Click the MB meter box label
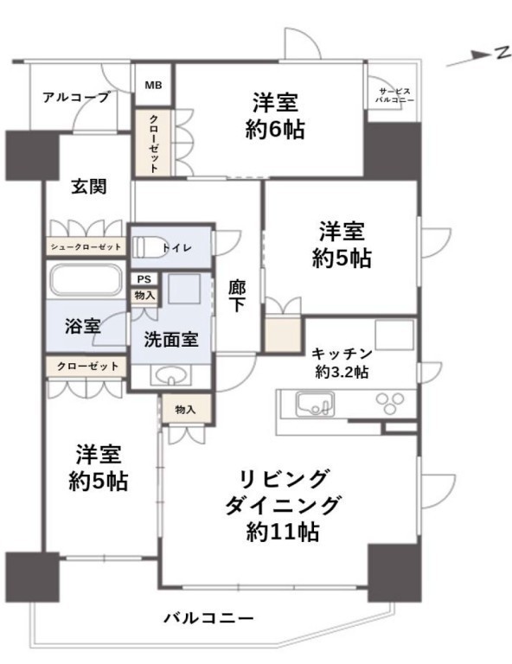tap(153, 85)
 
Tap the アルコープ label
tap(76, 98)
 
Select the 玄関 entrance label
tap(88, 187)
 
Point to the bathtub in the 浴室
tap(86, 280)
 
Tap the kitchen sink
tap(315, 405)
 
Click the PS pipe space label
tap(144, 279)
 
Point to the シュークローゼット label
tap(86, 246)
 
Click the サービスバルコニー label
tap(394, 96)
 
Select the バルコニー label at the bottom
tap(208, 618)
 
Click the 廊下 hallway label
tap(237, 296)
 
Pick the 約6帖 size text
tap(275, 129)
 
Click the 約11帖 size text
tap(283, 532)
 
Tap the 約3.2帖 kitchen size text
tap(342, 373)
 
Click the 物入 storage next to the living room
tap(186, 410)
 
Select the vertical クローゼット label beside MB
tap(153, 144)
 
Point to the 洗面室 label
tap(171, 340)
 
